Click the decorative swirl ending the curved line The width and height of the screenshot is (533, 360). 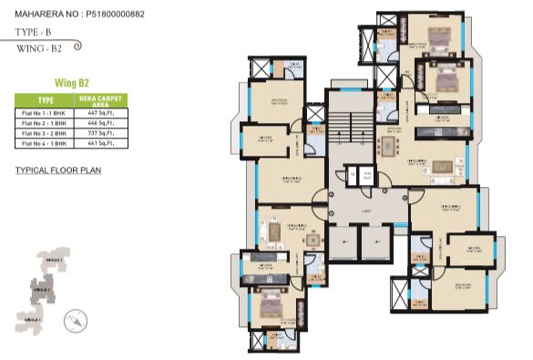point(77,44)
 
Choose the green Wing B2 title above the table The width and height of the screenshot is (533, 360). point(71,82)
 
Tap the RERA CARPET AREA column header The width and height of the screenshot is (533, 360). point(100,99)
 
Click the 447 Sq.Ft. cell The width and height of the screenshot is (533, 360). point(100,111)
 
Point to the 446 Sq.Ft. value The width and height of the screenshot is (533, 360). point(100,122)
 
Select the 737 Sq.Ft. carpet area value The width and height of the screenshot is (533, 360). point(100,133)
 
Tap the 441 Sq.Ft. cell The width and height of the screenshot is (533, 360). point(100,144)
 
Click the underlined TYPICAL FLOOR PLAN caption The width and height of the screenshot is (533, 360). point(58,170)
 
